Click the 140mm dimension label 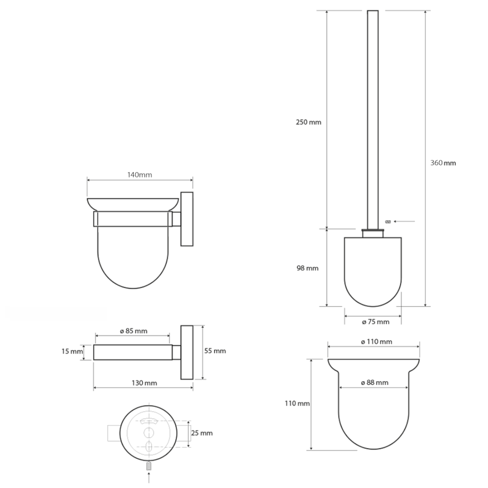pyautogui.click(x=140, y=174)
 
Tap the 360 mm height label pyautogui.click(x=443, y=163)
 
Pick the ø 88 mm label pyautogui.click(x=373, y=382)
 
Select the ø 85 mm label pyautogui.click(x=132, y=331)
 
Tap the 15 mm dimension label pyautogui.click(x=72, y=351)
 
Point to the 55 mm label pyautogui.click(x=215, y=351)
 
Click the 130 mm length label pyautogui.click(x=144, y=382)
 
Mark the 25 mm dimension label pyautogui.click(x=203, y=432)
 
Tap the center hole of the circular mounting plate pyautogui.click(x=148, y=434)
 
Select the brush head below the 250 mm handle pyautogui.click(x=373, y=268)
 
